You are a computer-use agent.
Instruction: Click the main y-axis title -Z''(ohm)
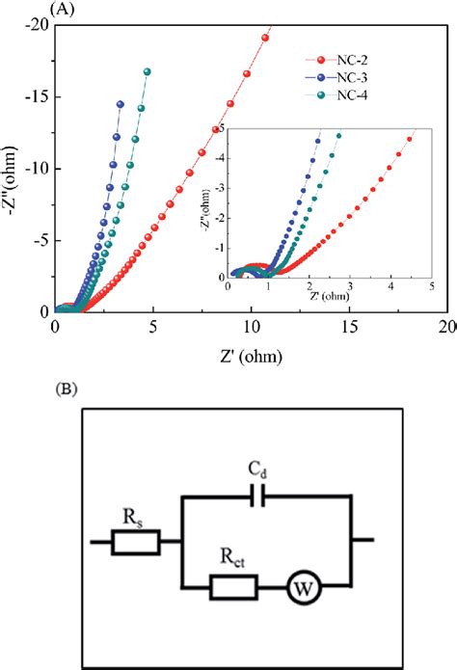tap(11, 168)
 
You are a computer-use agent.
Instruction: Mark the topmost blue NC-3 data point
tap(121, 104)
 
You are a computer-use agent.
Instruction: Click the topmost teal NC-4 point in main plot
tap(147, 71)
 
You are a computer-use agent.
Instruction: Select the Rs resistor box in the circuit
tap(137, 542)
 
